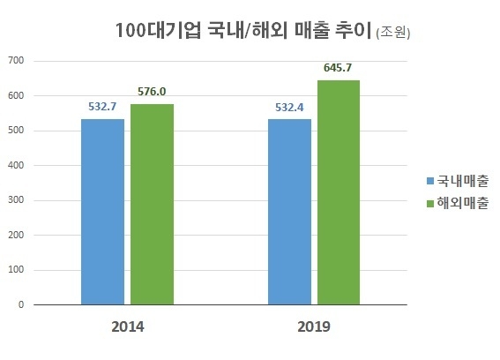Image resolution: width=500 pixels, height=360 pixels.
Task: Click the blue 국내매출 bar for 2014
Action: point(102,212)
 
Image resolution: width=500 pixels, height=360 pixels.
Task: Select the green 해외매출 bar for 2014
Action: point(153,205)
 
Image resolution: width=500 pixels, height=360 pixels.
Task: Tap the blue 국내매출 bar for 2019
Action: point(289,212)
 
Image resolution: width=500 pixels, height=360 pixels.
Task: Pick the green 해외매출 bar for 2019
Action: point(339,192)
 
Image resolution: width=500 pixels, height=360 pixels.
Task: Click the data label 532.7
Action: point(103,106)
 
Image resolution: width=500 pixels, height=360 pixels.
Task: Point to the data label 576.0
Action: point(153,91)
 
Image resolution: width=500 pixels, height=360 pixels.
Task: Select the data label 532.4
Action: point(289,106)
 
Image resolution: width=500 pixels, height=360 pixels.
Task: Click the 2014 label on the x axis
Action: point(128,326)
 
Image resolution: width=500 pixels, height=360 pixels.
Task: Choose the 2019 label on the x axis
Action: point(314,326)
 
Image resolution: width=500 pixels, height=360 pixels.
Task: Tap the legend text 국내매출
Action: point(464,181)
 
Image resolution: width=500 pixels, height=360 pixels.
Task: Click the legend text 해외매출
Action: point(464,202)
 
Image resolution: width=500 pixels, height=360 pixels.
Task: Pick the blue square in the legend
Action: point(430,181)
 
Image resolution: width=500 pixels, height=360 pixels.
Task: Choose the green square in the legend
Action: point(430,202)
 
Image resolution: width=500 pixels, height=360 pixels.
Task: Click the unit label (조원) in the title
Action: point(393,34)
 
